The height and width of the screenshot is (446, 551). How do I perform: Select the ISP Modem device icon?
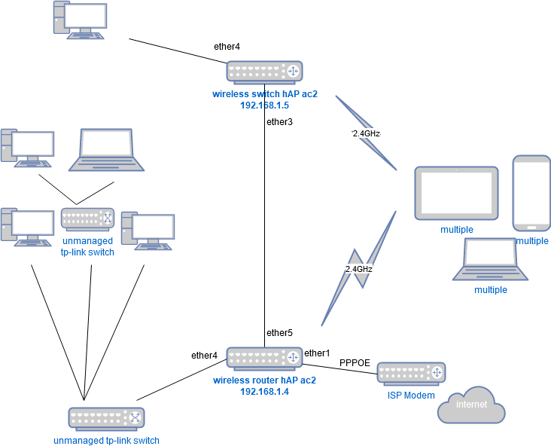[x=411, y=373]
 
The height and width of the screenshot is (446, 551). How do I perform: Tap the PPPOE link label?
[x=355, y=362]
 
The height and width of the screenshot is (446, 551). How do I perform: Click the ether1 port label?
[x=317, y=353]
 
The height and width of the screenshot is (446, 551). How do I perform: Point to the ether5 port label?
[x=279, y=332]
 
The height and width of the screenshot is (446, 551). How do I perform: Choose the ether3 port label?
[x=279, y=121]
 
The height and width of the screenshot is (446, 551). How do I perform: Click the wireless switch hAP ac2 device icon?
[x=264, y=72]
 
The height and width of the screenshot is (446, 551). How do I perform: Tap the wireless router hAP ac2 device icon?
[x=264, y=358]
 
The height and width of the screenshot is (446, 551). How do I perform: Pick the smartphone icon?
[x=531, y=194]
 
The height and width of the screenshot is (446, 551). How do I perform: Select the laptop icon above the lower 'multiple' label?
[x=490, y=260]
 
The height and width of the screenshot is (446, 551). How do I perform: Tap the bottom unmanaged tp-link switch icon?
[x=106, y=419]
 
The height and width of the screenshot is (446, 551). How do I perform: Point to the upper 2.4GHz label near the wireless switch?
[x=367, y=133]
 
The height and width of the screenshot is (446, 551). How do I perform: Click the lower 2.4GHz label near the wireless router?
[x=359, y=268]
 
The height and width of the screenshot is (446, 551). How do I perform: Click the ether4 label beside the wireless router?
[x=204, y=356]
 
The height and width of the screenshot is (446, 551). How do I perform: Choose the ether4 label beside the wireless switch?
[x=227, y=47]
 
